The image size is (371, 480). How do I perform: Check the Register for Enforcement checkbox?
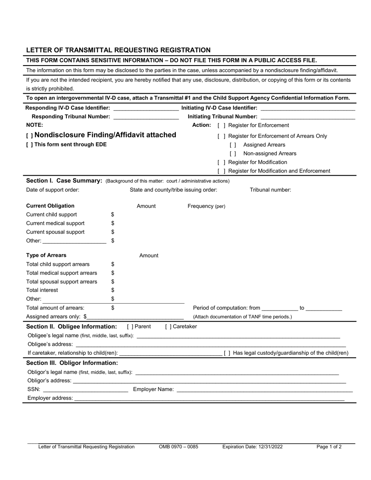click(221, 125)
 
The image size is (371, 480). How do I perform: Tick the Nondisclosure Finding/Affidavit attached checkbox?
click(29, 136)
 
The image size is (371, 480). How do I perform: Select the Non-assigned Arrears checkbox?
click(233, 154)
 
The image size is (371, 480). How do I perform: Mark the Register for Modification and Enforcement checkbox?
click(221, 171)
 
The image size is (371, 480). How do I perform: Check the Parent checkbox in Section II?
click(130, 327)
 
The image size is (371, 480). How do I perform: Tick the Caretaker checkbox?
click(168, 327)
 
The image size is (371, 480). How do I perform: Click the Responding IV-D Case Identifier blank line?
click(145, 108)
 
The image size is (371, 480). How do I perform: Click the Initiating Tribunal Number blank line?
click(308, 117)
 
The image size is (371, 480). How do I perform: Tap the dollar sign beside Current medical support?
click(112, 223)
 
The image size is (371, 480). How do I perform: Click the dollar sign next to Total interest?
click(112, 290)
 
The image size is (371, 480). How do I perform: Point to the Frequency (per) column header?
click(206, 206)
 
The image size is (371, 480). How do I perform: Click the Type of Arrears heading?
click(46, 255)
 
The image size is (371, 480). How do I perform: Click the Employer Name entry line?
click(264, 389)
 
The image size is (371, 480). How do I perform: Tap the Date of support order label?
click(53, 190)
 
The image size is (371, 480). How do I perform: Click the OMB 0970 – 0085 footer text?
click(178, 447)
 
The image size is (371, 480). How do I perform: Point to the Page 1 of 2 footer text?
click(329, 447)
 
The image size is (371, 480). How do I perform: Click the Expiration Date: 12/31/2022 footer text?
click(252, 447)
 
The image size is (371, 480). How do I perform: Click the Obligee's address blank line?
click(210, 344)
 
